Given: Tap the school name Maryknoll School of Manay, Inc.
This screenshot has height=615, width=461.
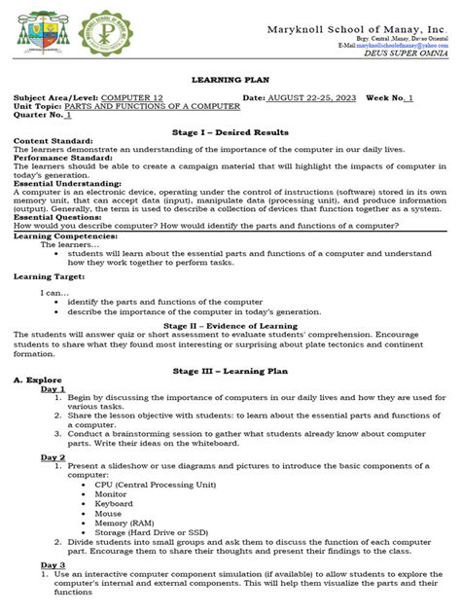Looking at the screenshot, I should click(x=356, y=30).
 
